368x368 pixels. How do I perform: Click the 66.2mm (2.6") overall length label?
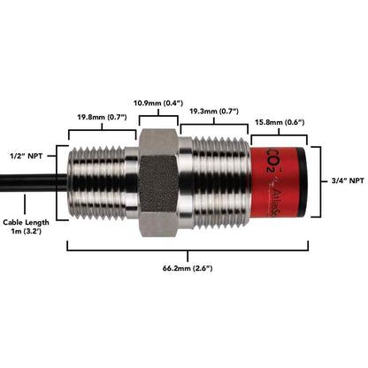click(x=186, y=267)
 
